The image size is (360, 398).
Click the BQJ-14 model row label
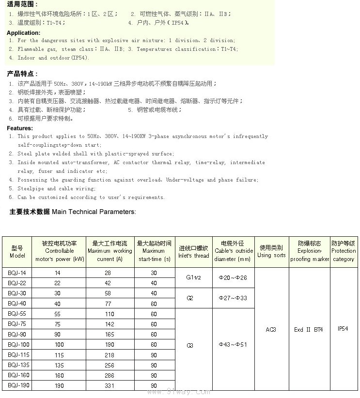(x=17, y=273)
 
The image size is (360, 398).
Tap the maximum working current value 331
(x=110, y=386)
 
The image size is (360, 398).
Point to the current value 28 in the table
(x=108, y=273)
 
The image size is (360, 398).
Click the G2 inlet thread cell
(x=190, y=298)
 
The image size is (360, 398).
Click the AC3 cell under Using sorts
(x=271, y=330)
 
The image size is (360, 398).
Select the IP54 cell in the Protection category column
(x=343, y=329)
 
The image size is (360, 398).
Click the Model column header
(x=17, y=251)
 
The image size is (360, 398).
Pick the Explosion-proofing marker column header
(x=309, y=251)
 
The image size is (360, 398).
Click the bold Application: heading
(x=23, y=33)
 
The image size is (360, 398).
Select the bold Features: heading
(x=20, y=128)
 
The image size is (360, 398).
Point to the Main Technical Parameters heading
(x=73, y=212)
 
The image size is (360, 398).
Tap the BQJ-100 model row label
(x=18, y=345)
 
